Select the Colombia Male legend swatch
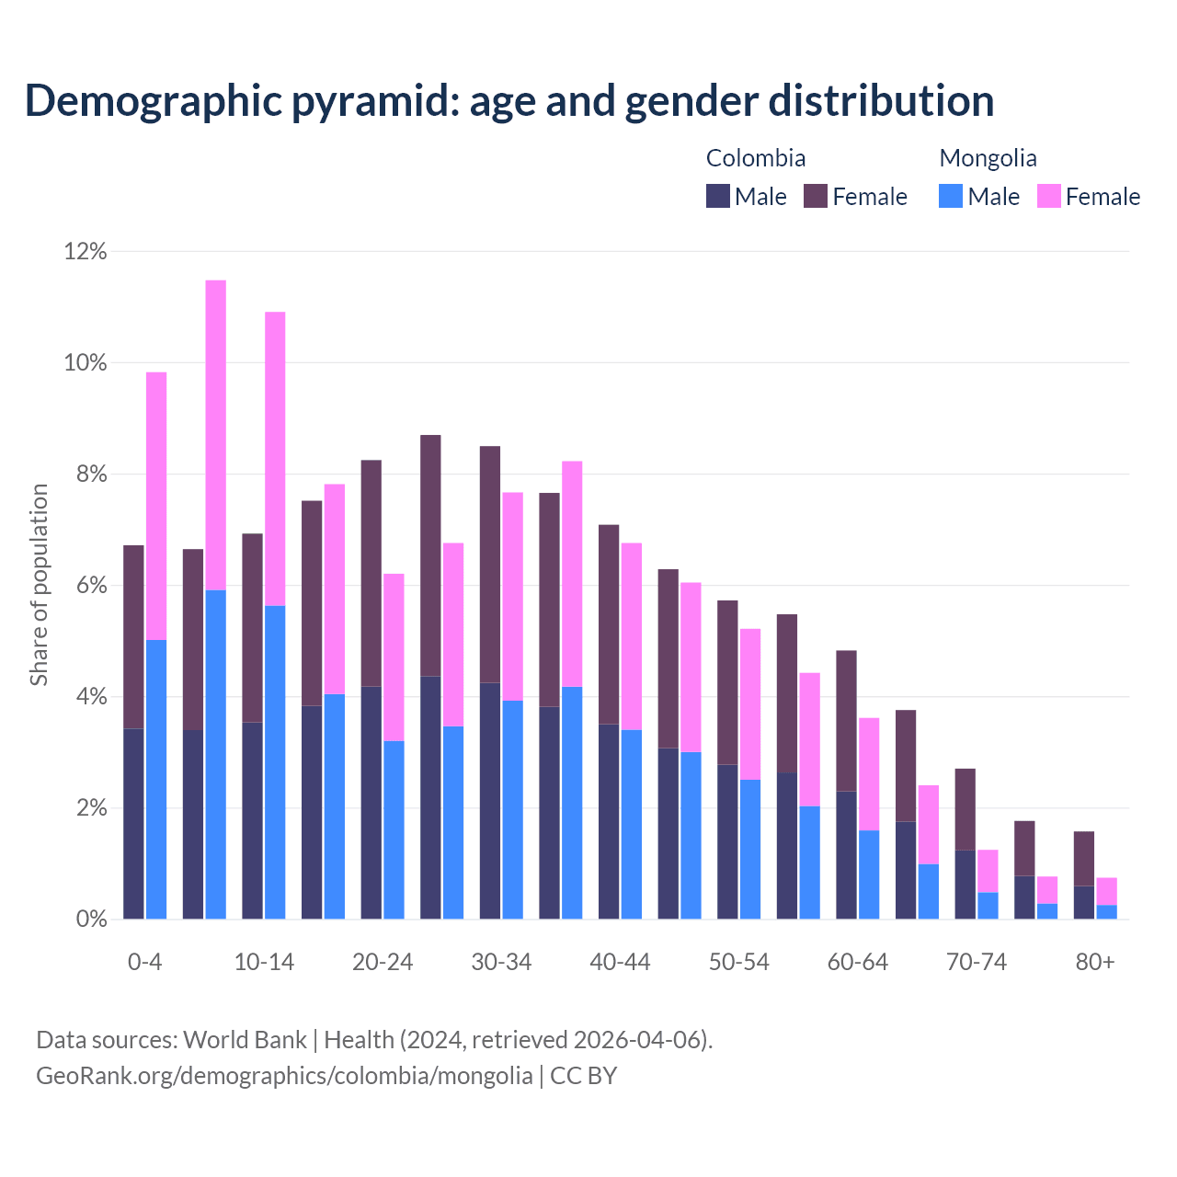point(718,196)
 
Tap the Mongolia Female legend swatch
point(1049,196)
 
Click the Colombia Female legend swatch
point(816,196)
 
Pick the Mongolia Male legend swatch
point(951,196)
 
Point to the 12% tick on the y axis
point(86,251)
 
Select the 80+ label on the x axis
point(1095,962)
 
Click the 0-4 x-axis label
point(144,962)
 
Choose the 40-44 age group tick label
point(620,962)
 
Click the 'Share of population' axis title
point(39,585)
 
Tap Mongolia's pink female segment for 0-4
point(156,506)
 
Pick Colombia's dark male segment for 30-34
point(490,800)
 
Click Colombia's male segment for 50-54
point(727,841)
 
